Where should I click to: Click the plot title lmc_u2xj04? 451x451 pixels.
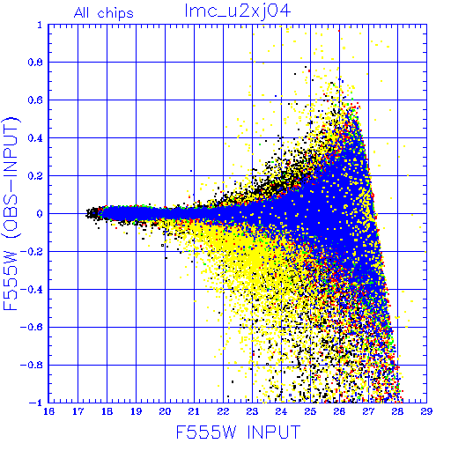pyautogui.click(x=238, y=11)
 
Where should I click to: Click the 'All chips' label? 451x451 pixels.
pyautogui.click(x=104, y=13)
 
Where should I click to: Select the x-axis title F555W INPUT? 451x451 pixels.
pyautogui.click(x=238, y=432)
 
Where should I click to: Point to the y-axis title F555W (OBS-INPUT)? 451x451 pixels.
pyautogui.click(x=11, y=213)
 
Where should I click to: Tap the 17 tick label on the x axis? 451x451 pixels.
pyautogui.click(x=78, y=411)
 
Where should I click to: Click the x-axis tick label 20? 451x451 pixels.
pyautogui.click(x=165, y=411)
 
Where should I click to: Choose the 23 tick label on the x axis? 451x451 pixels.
pyautogui.click(x=252, y=411)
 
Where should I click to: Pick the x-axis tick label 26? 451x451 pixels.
pyautogui.click(x=339, y=411)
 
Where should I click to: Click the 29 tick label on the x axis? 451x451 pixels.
pyautogui.click(x=426, y=411)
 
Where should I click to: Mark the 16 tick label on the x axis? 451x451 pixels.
pyautogui.click(x=48, y=411)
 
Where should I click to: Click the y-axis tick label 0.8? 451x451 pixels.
pyautogui.click(x=35, y=63)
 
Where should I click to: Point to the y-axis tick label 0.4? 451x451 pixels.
pyautogui.click(x=35, y=138)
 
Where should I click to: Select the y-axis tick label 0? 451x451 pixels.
pyautogui.click(x=40, y=214)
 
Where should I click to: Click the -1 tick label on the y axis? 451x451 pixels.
pyautogui.click(x=36, y=403)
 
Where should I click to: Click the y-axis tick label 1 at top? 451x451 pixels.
pyautogui.click(x=40, y=26)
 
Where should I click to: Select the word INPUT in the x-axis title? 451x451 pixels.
pyautogui.click(x=274, y=432)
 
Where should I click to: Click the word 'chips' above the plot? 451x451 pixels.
pyautogui.click(x=115, y=14)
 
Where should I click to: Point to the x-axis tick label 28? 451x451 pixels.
pyautogui.click(x=397, y=411)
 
